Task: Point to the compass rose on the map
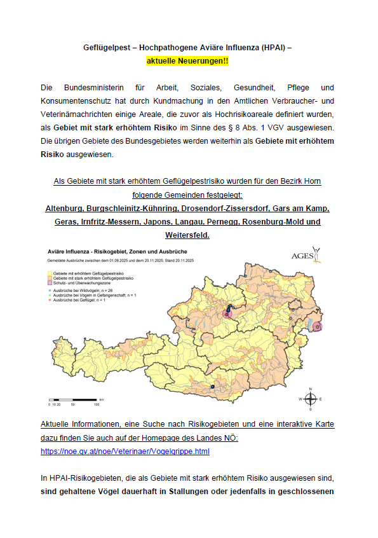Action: click(x=311, y=399)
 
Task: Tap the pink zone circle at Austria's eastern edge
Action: click(x=317, y=326)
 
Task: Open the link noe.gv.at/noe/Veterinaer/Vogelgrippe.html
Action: click(x=125, y=452)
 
